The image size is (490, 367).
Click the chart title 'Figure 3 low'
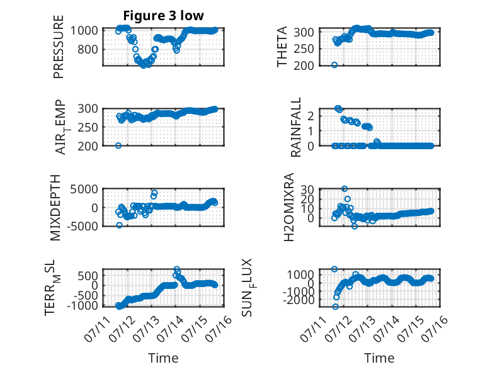pos(163,16)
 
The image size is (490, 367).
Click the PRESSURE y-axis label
pos(59,47)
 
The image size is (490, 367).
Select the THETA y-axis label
pos(282,47)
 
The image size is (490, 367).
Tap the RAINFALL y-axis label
pos(295,127)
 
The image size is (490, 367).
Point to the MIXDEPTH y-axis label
pos(55,207)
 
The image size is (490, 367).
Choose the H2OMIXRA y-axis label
pos(288,207)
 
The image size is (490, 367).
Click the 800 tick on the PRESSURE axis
pos(88,49)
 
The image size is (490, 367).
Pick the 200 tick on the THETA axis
pos(304,65)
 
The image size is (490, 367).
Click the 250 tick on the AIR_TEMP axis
pos(88,127)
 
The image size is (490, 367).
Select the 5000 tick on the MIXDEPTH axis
pos(84,189)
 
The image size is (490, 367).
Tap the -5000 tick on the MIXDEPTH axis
pos(82,226)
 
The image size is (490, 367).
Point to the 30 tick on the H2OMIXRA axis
pos(307,189)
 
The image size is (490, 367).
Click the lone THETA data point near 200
pos(334,65)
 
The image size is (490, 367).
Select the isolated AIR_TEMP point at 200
pos(118,145)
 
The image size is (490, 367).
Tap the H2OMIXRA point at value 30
pos(345,189)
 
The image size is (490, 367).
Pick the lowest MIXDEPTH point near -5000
pos(119,225)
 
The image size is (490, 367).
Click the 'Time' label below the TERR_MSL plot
pos(163,358)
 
